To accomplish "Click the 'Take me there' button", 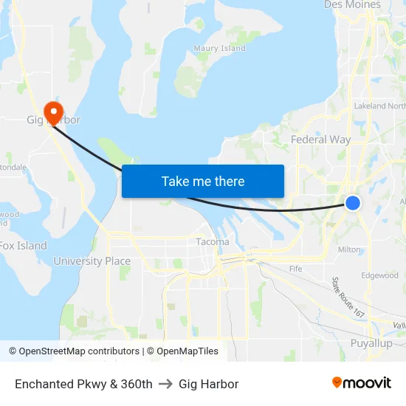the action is click(x=203, y=181).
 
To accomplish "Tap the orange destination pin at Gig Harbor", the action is click(x=53, y=112).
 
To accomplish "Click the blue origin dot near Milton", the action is click(x=353, y=202).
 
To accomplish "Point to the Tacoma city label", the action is click(x=213, y=241).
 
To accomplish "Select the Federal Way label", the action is click(x=320, y=140).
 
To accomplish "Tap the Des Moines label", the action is click(x=352, y=5).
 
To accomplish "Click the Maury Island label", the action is click(x=219, y=49).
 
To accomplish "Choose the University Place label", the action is click(x=92, y=261).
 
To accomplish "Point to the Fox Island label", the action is click(x=24, y=246).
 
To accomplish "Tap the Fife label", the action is click(x=296, y=269).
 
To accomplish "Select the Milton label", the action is click(x=349, y=250).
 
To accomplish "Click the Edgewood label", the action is click(x=379, y=275).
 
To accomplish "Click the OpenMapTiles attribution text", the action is click(x=182, y=351).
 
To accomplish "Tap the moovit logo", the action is click(x=362, y=382).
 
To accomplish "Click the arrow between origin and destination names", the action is click(x=165, y=384).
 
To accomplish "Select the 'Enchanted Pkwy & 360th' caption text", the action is click(x=83, y=384).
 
